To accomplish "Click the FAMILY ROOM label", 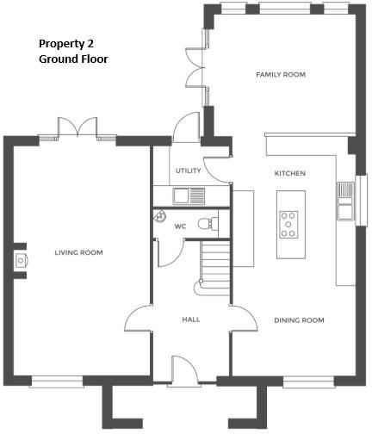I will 281,75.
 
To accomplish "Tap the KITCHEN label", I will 290,174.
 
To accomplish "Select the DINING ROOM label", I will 299,320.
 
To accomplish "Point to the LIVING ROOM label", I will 78,252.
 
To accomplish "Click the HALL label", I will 191,319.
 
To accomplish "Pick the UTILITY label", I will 188,170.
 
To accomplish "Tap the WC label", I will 181,226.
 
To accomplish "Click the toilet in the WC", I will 208,224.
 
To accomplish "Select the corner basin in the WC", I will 160,218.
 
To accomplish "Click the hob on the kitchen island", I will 289,224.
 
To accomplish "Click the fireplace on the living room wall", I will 19,260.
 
